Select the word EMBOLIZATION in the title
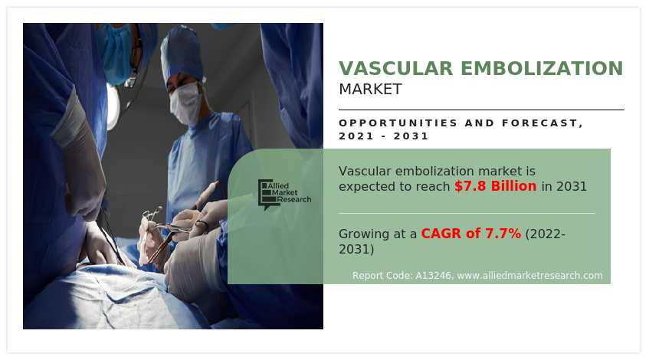[542, 69]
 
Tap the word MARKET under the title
[370, 89]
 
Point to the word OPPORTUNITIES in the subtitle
[398, 123]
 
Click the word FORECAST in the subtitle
[540, 123]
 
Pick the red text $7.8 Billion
[496, 186]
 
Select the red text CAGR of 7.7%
[471, 234]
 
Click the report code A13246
[433, 276]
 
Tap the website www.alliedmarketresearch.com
[529, 276]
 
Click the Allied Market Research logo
[284, 195]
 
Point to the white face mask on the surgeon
[185, 103]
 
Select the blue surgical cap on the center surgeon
[182, 53]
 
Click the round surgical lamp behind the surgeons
[113, 106]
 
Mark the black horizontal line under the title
[481, 110]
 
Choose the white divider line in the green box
[467, 214]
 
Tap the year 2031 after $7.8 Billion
[572, 187]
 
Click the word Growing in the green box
[364, 234]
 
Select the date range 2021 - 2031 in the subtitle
[383, 136]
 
